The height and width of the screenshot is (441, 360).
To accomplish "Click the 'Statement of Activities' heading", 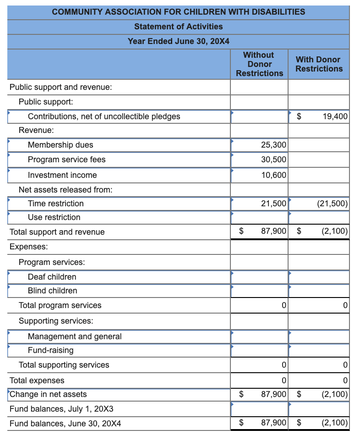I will tap(179, 27).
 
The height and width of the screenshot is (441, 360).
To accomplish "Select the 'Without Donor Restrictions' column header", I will tap(259, 64).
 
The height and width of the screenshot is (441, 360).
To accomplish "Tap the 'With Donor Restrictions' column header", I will tap(319, 64).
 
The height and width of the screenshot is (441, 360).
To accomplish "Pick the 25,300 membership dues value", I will tap(273, 145).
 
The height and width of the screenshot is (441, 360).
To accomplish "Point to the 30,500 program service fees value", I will tap(273, 160).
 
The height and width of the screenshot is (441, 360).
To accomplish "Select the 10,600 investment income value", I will tap(273, 175).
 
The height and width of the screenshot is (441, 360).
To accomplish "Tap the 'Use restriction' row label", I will tap(54, 217).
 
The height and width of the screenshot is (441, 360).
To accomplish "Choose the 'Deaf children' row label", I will tap(52, 277).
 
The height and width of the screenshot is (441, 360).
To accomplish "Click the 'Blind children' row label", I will tap(53, 291).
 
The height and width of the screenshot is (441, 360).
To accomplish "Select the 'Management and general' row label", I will tap(75, 336).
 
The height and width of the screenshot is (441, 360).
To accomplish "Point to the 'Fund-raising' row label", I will tap(51, 350).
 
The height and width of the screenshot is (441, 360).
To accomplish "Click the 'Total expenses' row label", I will tap(37, 380).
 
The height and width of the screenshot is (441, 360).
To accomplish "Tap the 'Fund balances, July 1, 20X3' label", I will tap(61, 408).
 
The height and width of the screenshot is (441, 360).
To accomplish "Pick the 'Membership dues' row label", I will tap(60, 145).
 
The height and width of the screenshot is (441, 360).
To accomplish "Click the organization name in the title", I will tap(179, 12).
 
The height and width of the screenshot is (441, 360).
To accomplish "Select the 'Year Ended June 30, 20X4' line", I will tap(179, 41).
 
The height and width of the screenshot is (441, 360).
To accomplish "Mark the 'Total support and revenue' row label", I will tap(57, 232).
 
